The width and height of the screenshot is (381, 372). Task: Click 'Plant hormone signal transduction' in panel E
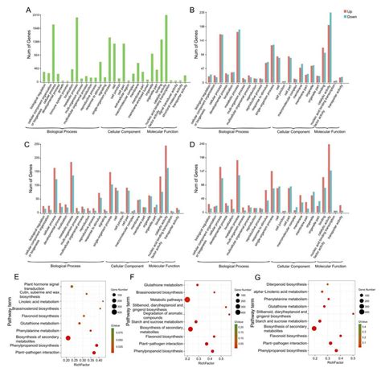tap(43, 286)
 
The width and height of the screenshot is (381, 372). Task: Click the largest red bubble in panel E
tap(68, 339)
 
